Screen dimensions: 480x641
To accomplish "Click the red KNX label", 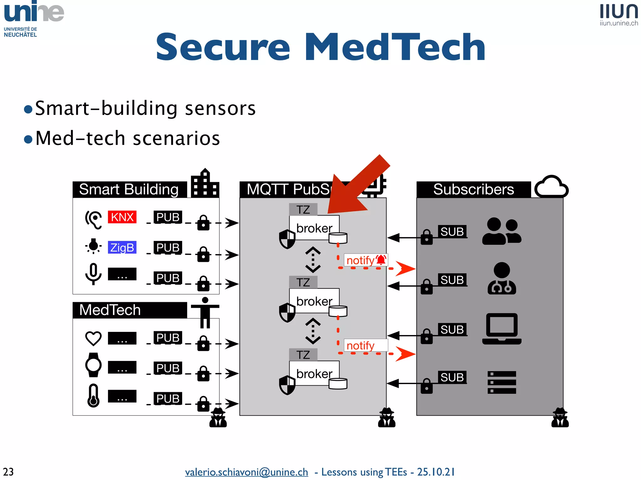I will pyautogui.click(x=122, y=217).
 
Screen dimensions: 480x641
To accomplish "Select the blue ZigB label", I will pyautogui.click(x=122, y=247).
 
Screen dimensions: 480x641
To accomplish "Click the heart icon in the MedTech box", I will pyautogui.click(x=93, y=338).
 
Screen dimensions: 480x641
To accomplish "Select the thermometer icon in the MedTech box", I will pyautogui.click(x=93, y=396).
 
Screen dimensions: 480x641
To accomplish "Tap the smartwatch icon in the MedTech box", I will pyautogui.click(x=93, y=365).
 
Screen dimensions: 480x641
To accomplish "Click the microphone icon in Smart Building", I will pyautogui.click(x=93, y=274).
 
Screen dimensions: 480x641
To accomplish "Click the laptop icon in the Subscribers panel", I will pyautogui.click(x=502, y=329).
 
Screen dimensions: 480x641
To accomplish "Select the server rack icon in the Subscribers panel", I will pyautogui.click(x=502, y=382).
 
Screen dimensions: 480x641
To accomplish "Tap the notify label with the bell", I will pyautogui.click(x=366, y=260).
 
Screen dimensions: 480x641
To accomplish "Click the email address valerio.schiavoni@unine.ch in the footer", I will pyautogui.click(x=246, y=472).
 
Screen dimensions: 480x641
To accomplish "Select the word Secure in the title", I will pyautogui.click(x=223, y=47).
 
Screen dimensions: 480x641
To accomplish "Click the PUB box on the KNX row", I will pyautogui.click(x=168, y=217).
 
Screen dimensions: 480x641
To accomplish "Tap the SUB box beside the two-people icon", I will pyautogui.click(x=452, y=232).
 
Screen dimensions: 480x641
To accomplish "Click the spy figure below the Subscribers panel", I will pyautogui.click(x=560, y=418).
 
